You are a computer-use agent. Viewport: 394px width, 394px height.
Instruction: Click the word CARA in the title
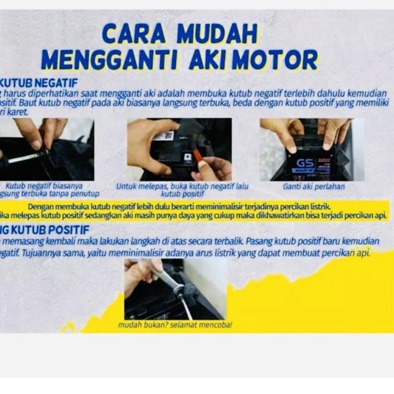coord(134,34)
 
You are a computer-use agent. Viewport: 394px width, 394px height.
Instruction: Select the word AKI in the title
coord(207,60)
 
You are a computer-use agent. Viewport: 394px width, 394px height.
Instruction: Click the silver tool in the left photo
coord(27,157)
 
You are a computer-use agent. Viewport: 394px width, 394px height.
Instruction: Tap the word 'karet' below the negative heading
coord(15,112)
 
